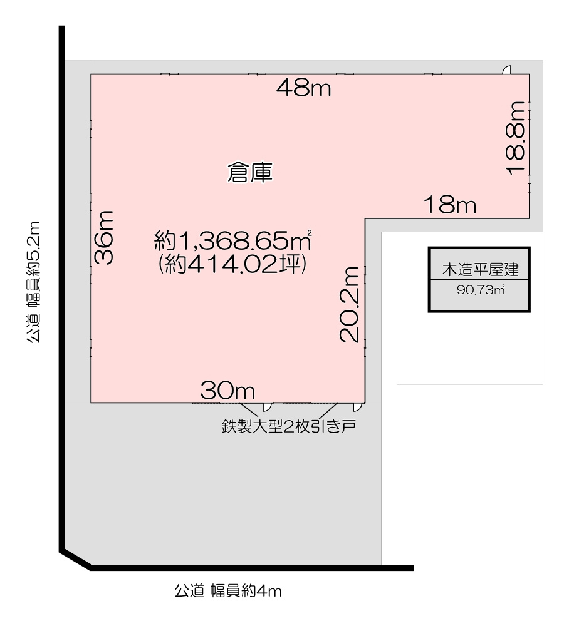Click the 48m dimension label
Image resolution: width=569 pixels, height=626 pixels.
(x=304, y=88)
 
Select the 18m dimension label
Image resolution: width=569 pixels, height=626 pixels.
(x=450, y=205)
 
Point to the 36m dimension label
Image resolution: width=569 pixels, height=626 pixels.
(x=104, y=237)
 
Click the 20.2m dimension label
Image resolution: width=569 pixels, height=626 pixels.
(x=350, y=304)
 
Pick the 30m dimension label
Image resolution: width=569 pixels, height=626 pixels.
(x=227, y=390)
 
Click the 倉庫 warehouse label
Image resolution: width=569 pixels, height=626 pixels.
(x=250, y=173)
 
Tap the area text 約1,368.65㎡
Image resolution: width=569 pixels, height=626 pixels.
(x=233, y=241)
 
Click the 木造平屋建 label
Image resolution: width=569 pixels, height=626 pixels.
(x=480, y=270)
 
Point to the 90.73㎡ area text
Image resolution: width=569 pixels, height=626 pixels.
(x=481, y=290)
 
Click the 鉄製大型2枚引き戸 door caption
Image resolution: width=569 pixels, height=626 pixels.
(x=289, y=426)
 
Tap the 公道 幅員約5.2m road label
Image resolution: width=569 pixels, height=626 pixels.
(x=34, y=282)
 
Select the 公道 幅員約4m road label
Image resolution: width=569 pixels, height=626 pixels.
(x=228, y=591)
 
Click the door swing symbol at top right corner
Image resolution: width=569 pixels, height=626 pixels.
(x=507, y=70)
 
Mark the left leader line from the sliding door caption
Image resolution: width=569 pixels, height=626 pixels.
(x=249, y=410)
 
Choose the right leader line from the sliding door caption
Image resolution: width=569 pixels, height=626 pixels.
(x=328, y=410)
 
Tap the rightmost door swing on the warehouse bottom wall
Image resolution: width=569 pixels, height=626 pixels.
(x=358, y=407)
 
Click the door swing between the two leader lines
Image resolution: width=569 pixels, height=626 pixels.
(x=267, y=407)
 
